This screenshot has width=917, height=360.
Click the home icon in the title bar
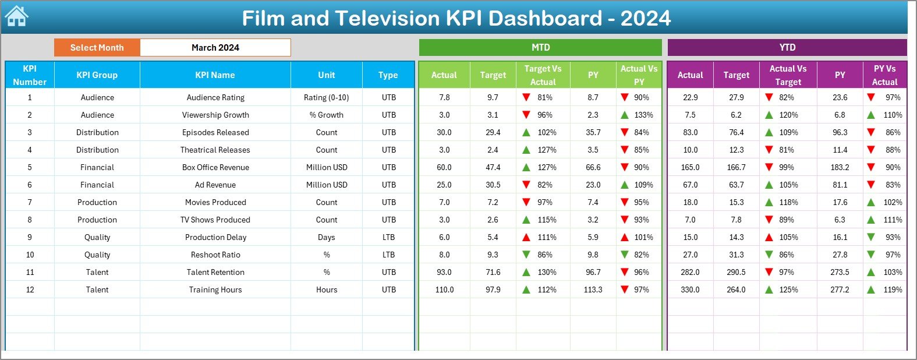(16, 17)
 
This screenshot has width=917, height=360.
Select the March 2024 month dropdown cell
(215, 48)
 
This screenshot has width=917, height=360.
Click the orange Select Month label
(97, 48)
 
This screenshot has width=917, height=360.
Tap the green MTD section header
(540, 48)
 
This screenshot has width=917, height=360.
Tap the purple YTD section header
(787, 48)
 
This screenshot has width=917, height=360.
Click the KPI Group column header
(97, 75)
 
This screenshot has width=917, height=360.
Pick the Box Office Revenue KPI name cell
(215, 167)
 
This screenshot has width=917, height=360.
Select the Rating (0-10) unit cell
(326, 97)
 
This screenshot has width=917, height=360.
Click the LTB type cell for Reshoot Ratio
(388, 255)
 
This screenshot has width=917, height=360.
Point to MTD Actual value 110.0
(444, 290)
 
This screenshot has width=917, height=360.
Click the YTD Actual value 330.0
(690, 290)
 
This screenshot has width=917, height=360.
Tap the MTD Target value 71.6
(493, 272)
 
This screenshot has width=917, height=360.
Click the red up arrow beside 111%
(526, 237)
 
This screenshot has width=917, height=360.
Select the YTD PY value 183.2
(840, 167)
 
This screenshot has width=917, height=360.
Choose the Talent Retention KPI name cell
(215, 272)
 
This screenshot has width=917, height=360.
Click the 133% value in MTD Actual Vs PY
(643, 115)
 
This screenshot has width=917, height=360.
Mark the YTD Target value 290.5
(736, 272)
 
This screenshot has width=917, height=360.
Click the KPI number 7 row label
(30, 202)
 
